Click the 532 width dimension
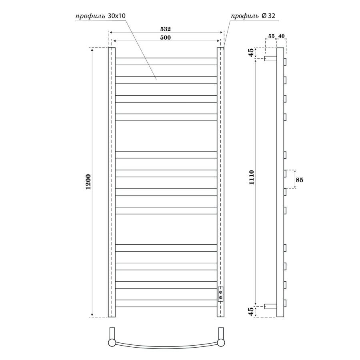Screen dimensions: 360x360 (x=166, y=29)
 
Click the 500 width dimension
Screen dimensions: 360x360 (x=166, y=38)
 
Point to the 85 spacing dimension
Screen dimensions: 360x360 (x=299, y=180)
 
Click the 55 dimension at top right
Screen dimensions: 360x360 (x=271, y=36)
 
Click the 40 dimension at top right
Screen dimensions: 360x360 (x=281, y=36)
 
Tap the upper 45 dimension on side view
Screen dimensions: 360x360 (x=251, y=53)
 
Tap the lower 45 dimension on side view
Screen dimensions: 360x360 (x=251, y=312)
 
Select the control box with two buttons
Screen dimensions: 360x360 (x=220, y=294)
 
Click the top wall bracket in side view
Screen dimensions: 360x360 (x=271, y=58)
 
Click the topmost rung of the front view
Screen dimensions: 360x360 (x=166, y=61)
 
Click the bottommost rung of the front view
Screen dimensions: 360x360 (x=166, y=304)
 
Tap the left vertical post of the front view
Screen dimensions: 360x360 (x=112, y=182)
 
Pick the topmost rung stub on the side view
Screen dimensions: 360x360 (x=285, y=61)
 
